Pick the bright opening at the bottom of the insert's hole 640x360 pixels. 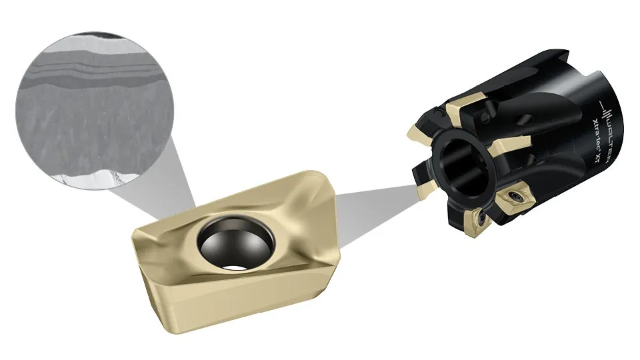pyautogui.click(x=234, y=266)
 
